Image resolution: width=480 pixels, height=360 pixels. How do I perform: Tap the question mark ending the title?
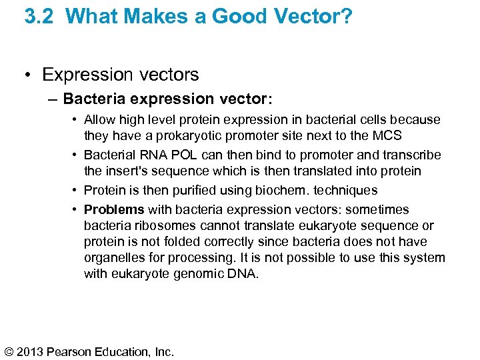tap(347, 16)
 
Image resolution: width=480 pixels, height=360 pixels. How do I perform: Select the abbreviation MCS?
tap(387, 136)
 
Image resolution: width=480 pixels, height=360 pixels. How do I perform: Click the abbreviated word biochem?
tap(274, 191)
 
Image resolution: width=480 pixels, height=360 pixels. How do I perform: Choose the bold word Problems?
tap(114, 210)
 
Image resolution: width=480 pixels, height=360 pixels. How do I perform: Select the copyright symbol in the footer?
tap(10, 351)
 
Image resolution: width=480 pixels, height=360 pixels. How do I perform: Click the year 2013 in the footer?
tap(34, 351)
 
